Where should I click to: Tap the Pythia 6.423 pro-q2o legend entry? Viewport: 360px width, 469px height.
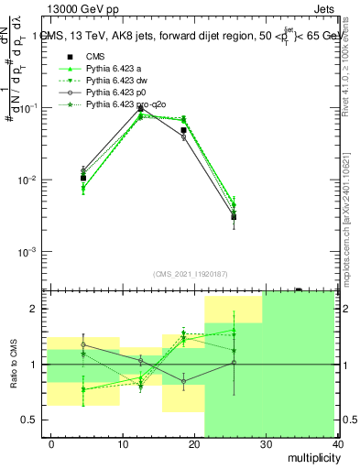(126, 105)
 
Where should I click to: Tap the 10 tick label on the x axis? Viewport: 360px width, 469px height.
(121, 444)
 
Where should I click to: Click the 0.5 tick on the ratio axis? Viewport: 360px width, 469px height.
(32, 420)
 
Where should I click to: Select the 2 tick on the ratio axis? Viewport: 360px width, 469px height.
(37, 310)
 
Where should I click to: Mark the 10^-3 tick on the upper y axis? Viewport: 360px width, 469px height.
(27, 251)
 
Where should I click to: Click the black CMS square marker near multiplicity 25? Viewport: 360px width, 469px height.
(235, 217)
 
